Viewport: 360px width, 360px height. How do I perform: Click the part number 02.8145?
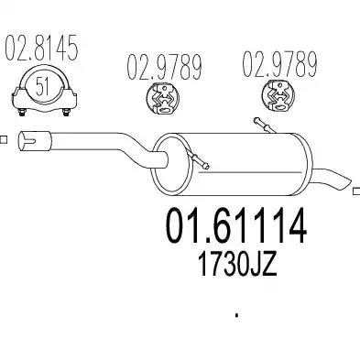pyautogui.click(x=41, y=48)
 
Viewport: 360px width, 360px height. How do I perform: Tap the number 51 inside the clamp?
pyautogui.click(x=42, y=86)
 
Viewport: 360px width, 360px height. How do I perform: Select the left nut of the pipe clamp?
pyautogui.click(x=22, y=113)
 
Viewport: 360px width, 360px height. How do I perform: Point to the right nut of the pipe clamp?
pyautogui.click(x=66, y=113)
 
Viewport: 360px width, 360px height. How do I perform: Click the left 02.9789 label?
pyautogui.click(x=164, y=67)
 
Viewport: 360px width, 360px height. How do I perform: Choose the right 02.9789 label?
pyautogui.click(x=279, y=64)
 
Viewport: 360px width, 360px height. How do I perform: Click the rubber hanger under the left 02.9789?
pyautogui.click(x=163, y=99)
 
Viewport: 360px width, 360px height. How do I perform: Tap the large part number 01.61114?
pyautogui.click(x=235, y=225)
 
